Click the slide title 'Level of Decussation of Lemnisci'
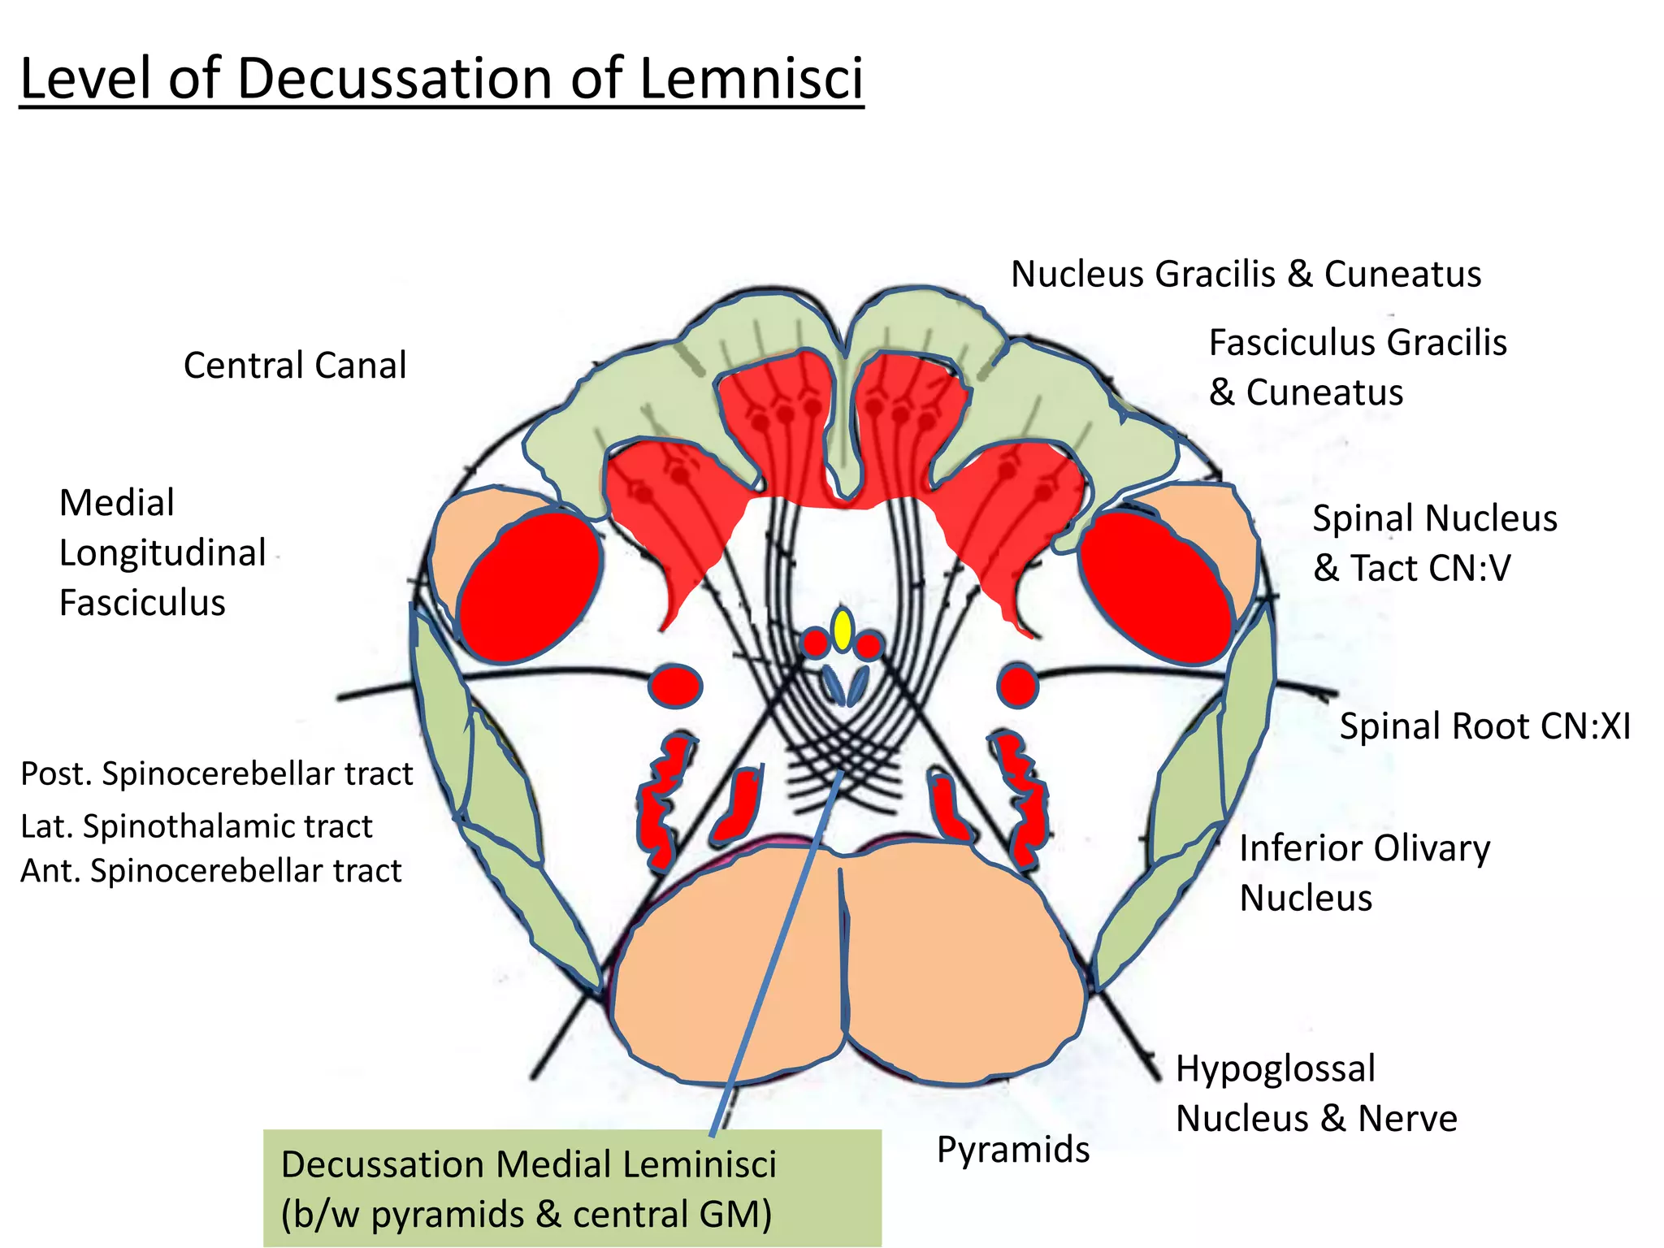[x=441, y=79]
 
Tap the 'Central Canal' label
[x=295, y=366]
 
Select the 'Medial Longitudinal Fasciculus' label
[x=162, y=552]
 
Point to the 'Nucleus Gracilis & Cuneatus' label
[x=1246, y=275]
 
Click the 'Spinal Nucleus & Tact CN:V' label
[x=1435, y=543]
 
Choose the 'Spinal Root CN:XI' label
[x=1484, y=726]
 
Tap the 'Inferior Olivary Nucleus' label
[x=1364, y=873]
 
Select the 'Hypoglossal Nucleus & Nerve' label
[x=1316, y=1094]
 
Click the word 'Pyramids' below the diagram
[x=1012, y=1150]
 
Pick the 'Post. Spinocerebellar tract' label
[x=217, y=774]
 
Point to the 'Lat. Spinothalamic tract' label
[x=197, y=826]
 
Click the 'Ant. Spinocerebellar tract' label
[x=211, y=871]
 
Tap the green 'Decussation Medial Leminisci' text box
[x=572, y=1188]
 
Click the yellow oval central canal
[x=843, y=630]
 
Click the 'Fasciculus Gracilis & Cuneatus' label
[x=1357, y=367]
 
